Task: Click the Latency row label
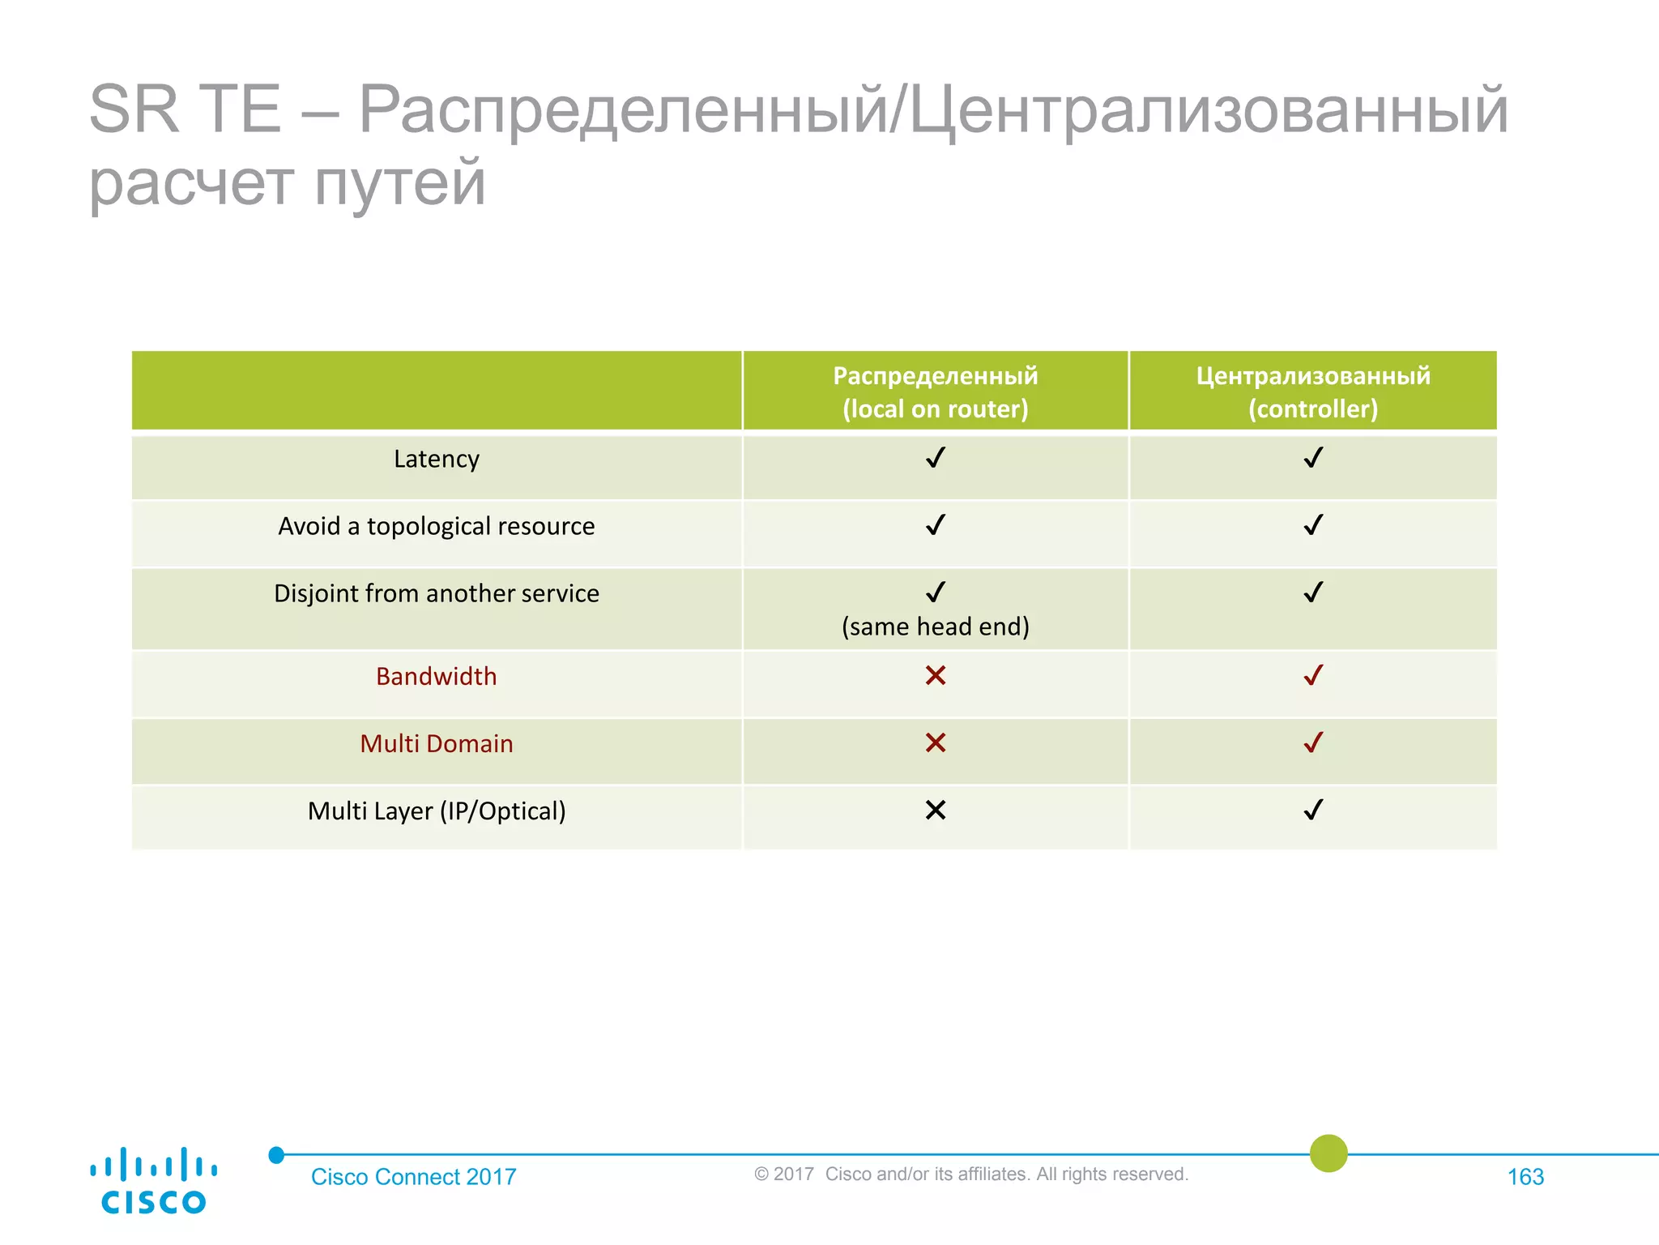(x=436, y=460)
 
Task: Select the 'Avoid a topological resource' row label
(x=436, y=527)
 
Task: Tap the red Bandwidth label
(x=436, y=677)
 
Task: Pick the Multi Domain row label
(x=436, y=744)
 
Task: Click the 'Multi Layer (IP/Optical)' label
(x=436, y=811)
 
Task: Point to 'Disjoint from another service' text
(x=436, y=594)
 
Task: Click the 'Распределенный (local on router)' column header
(x=935, y=392)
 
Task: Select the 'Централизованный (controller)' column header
(x=1312, y=392)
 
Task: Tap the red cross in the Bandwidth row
(x=935, y=675)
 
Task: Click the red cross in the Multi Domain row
(x=935, y=742)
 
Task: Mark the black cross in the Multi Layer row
(x=935, y=810)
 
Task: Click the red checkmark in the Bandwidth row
(x=1313, y=675)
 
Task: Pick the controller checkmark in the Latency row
(x=1313, y=458)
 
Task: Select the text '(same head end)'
(x=935, y=627)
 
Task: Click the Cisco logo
(x=153, y=1180)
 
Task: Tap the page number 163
(x=1525, y=1177)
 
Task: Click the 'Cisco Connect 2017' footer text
(x=413, y=1177)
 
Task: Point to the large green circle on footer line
(x=1328, y=1153)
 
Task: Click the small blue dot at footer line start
(x=276, y=1155)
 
